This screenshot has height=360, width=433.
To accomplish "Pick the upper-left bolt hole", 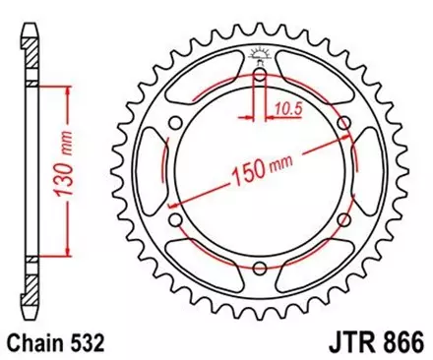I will pyautogui.click(x=175, y=124).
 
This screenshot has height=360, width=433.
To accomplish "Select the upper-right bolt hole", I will pyautogui.click(x=342, y=124).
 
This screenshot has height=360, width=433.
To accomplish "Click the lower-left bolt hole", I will pyautogui.click(x=175, y=221).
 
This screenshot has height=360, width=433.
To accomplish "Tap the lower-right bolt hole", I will pyautogui.click(x=342, y=221).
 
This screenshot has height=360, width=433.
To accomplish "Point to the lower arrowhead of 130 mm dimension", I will pyautogui.click(x=67, y=253).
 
